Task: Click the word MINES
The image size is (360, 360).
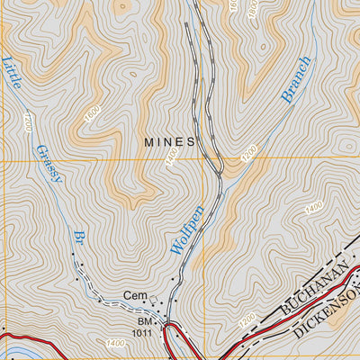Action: pyautogui.click(x=170, y=141)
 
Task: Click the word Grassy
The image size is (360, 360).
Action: pyautogui.click(x=50, y=163)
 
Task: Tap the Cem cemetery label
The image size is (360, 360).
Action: pyautogui.click(x=135, y=296)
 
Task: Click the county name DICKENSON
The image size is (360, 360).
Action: pyautogui.click(x=328, y=310)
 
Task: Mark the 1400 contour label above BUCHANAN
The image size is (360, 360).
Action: pyautogui.click(x=314, y=207)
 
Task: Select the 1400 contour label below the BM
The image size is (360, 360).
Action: pyautogui.click(x=115, y=343)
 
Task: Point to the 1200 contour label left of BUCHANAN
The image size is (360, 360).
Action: pyautogui.click(x=247, y=319)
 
